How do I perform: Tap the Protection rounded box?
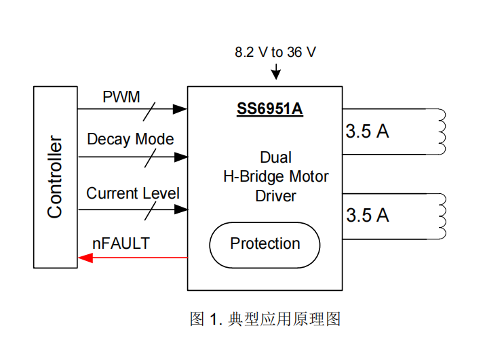click(265, 244)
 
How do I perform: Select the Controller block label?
click(55, 177)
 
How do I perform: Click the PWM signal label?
click(121, 97)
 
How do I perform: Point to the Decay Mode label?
click(130, 140)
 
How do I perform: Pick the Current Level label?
click(133, 193)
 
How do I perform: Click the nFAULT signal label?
click(121, 243)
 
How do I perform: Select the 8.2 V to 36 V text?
click(275, 52)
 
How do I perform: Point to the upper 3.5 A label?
click(368, 132)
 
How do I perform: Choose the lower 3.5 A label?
click(368, 216)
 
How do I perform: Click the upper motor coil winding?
click(442, 132)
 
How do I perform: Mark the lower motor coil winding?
click(442, 216)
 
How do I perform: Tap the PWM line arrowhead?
click(180, 108)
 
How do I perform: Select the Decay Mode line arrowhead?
click(180, 157)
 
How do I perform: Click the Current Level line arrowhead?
click(180, 209)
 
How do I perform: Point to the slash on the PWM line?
click(148, 108)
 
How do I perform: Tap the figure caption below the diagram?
click(265, 319)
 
